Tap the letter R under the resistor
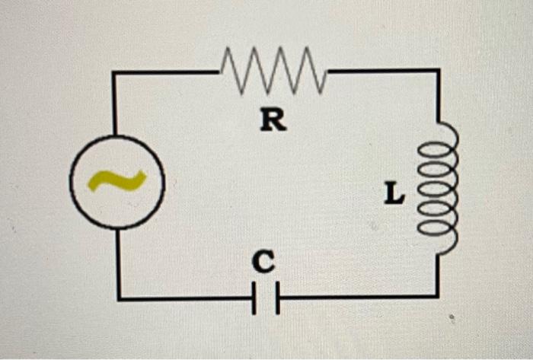pyautogui.click(x=273, y=119)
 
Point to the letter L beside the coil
pyautogui.click(x=393, y=196)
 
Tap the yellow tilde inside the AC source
pyautogui.click(x=116, y=181)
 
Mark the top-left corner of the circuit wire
pyautogui.click(x=114, y=72)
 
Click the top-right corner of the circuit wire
pyautogui.click(x=438, y=71)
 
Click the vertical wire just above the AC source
pyautogui.click(x=114, y=107)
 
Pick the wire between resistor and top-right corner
pyautogui.click(x=381, y=71)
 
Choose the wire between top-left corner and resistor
pyautogui.click(x=168, y=72)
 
